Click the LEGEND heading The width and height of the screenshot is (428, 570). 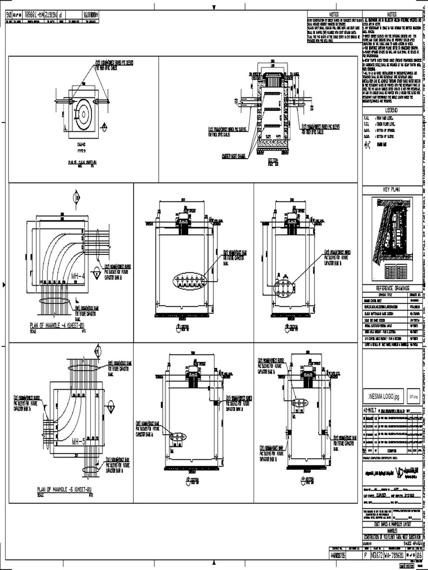[x=388, y=111]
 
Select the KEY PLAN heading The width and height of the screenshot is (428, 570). [x=388, y=190]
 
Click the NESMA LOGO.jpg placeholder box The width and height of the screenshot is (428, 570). [x=383, y=397]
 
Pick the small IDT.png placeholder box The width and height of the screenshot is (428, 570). [x=414, y=396]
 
